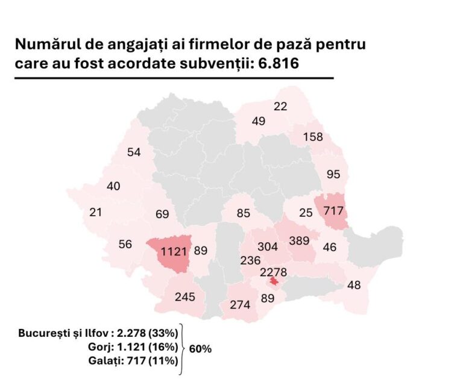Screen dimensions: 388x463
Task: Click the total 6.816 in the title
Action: tap(278, 63)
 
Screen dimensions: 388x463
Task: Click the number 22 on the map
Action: tap(280, 107)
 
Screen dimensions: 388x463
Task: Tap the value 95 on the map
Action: tap(333, 175)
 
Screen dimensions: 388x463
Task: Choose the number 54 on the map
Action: tap(134, 152)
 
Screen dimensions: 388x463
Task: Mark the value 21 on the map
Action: tap(95, 212)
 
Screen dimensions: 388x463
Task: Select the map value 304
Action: tap(267, 246)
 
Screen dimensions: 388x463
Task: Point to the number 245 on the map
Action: tap(185, 296)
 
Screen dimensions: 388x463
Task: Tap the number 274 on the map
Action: tap(239, 305)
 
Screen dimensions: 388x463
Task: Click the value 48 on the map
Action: tap(354, 285)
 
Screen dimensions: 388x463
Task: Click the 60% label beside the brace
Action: tap(200, 349)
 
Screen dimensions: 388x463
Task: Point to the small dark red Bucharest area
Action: tap(274, 281)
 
